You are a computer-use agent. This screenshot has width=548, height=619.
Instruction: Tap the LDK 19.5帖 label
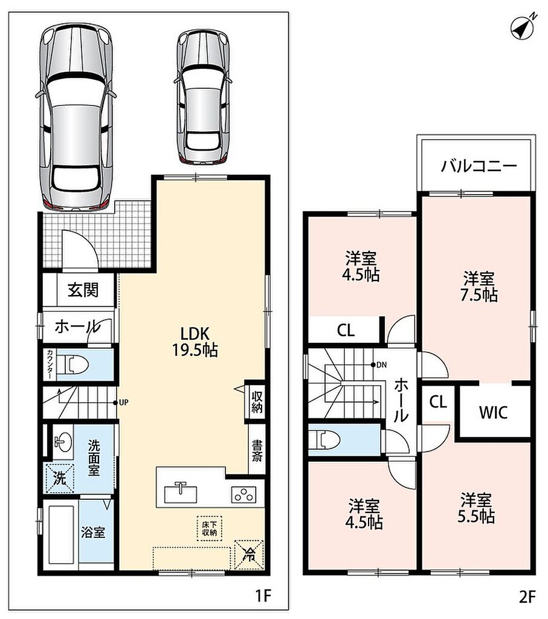[195, 342]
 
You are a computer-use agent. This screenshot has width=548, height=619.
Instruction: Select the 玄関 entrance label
[83, 290]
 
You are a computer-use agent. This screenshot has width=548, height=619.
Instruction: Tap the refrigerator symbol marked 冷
[249, 555]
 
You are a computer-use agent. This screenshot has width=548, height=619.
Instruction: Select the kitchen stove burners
[243, 494]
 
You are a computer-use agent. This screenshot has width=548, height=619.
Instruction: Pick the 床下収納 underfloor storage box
[210, 528]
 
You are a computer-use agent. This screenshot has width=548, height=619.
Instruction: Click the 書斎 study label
[256, 451]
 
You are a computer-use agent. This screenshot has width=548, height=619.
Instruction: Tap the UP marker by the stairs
[120, 403]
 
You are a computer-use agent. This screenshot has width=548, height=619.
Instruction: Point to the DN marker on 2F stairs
[379, 365]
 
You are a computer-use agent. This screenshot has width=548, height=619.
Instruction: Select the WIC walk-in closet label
[493, 412]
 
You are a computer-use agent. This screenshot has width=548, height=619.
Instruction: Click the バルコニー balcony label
[479, 166]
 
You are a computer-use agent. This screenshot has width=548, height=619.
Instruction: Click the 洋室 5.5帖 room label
[476, 508]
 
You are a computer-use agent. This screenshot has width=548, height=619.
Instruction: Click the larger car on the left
[76, 118]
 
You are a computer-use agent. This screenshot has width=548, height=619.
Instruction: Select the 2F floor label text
[527, 597]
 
